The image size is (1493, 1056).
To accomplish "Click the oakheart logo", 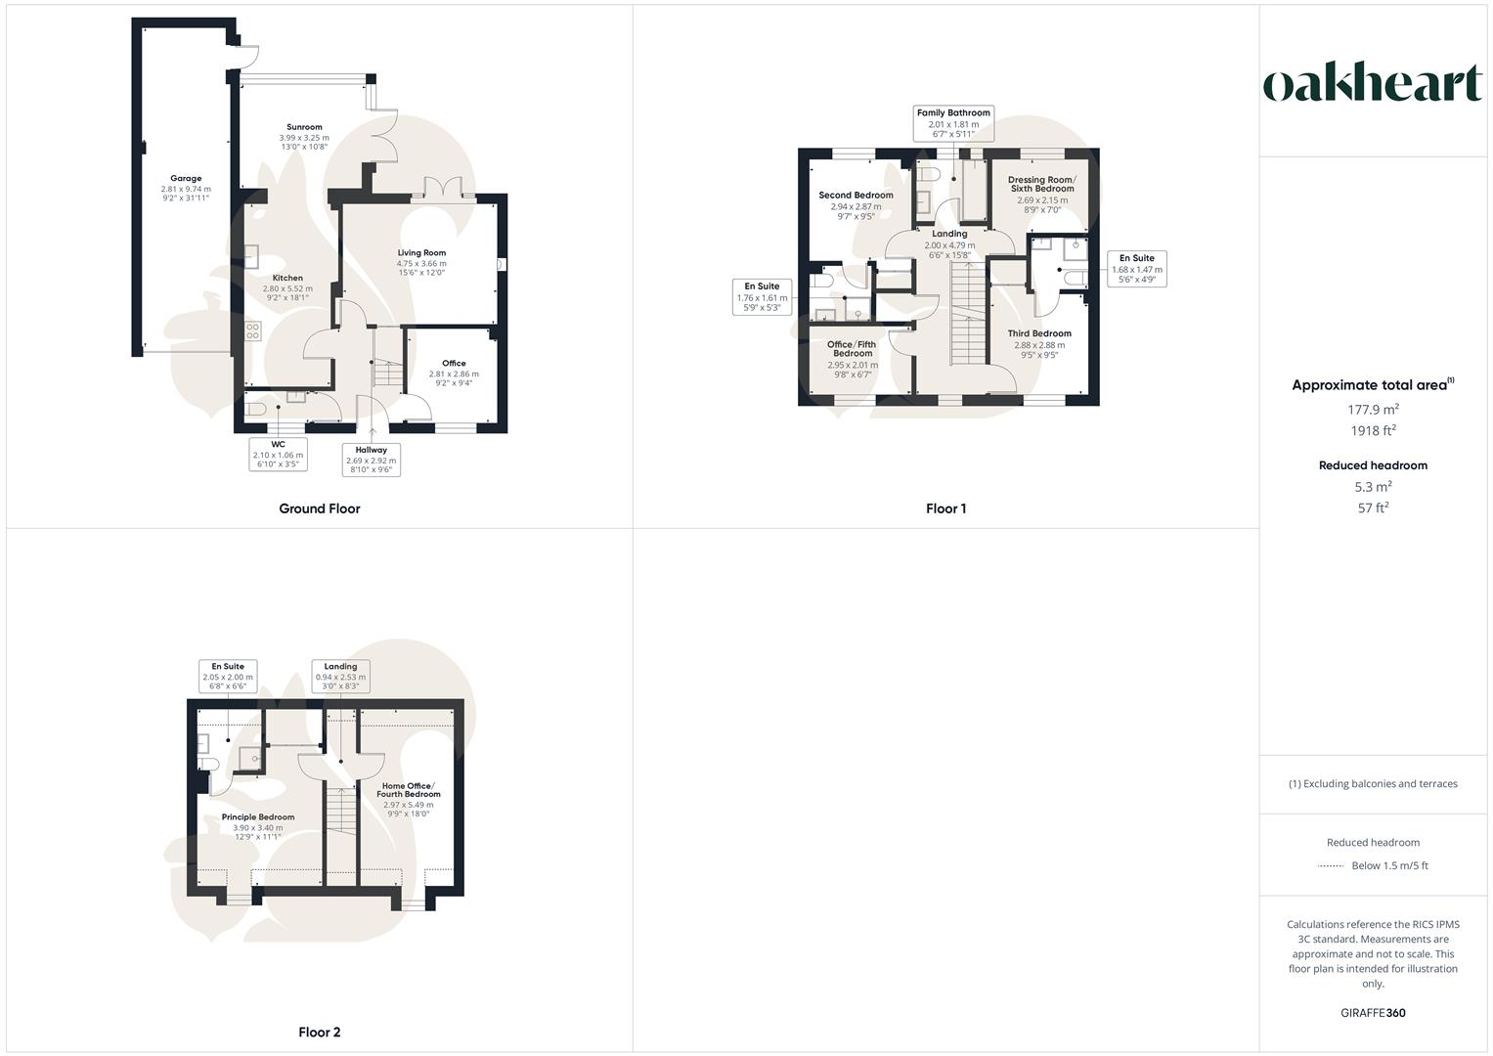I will coord(1372,84).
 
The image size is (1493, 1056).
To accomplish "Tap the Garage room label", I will coord(186,179).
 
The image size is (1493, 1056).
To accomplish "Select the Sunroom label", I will coord(304,127).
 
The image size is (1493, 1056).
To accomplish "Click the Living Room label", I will coord(421,253).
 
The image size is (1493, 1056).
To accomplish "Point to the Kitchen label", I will coord(287,279).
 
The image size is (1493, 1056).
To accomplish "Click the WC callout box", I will coord(279,455).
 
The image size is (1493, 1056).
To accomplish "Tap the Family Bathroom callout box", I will coord(953,123).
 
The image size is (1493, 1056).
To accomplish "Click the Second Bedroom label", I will coord(856,196).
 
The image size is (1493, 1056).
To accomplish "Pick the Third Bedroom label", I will coord(1039,333).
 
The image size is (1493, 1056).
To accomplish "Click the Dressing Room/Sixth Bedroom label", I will coord(1041,184).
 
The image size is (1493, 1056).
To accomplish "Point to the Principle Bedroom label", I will coord(258,817).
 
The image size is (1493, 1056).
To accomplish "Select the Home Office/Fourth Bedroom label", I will coord(409,790).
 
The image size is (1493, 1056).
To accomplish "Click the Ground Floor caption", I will coord(320,508).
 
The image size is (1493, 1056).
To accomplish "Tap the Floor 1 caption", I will coord(945,508).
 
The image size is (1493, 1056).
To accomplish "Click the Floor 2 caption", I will coord(320,1032).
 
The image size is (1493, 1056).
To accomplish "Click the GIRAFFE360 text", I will coord(1374,1013).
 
